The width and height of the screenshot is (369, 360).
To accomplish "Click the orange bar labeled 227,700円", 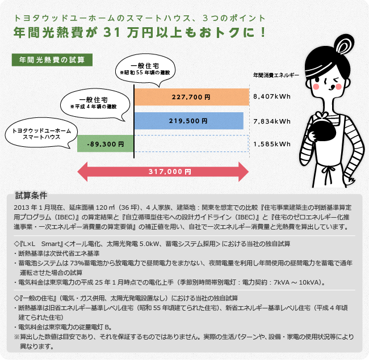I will [x=191, y=97].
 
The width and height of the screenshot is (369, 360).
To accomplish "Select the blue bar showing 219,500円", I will [x=188, y=121].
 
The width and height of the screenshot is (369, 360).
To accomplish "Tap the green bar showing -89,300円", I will [x=106, y=144].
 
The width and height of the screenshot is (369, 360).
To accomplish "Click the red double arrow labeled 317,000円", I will [x=163, y=170].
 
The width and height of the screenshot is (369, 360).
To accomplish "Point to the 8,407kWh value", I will [x=272, y=97].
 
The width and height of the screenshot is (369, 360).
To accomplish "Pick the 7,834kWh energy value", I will [x=272, y=121].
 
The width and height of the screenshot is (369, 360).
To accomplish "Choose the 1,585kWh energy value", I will [x=272, y=144].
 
